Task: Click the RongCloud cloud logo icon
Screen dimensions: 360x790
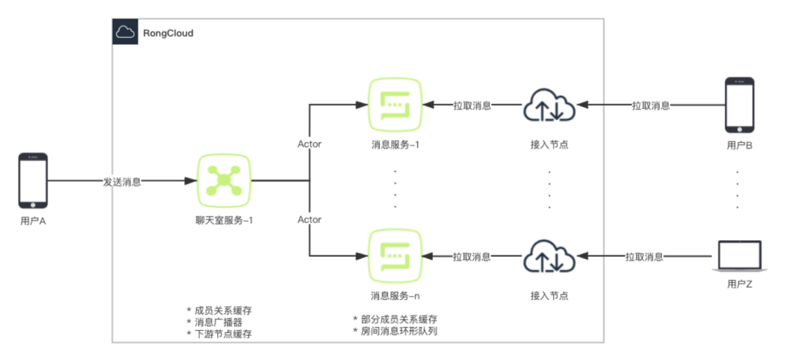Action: tap(125, 32)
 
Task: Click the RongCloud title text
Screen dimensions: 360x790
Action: tap(168, 33)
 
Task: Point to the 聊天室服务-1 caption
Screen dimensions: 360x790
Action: tap(225, 220)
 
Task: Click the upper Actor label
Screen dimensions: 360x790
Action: tap(309, 144)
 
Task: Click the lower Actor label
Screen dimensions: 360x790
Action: tap(309, 220)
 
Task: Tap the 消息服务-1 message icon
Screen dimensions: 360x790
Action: tap(396, 105)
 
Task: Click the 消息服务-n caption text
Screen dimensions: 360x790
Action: tap(396, 296)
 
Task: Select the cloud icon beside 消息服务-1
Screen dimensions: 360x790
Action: tap(549, 106)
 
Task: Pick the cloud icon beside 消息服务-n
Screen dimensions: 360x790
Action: tap(549, 257)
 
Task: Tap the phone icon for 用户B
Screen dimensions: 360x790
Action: tap(739, 105)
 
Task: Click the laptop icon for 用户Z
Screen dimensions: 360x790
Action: tap(739, 257)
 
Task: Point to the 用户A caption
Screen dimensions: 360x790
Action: tap(33, 221)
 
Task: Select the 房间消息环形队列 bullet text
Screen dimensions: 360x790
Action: tap(399, 331)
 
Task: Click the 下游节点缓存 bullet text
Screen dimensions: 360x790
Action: tap(223, 334)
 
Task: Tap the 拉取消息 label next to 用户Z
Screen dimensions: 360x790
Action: tap(644, 257)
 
